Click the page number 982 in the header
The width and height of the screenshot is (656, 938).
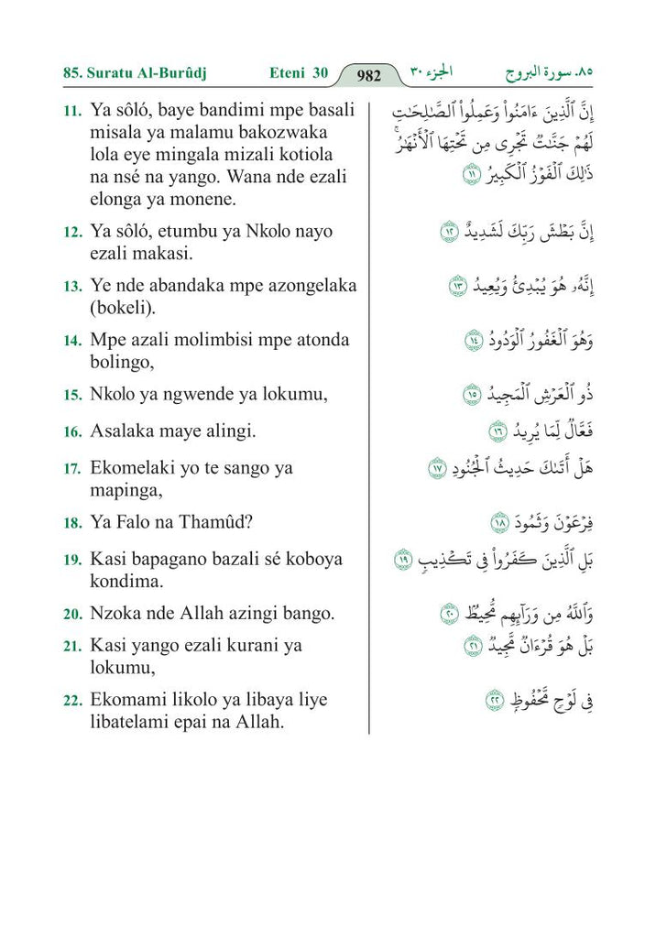(x=368, y=76)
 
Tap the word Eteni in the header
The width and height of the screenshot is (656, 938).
(x=287, y=71)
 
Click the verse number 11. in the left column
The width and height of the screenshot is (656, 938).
(x=72, y=111)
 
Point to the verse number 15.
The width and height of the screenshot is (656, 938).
(x=72, y=396)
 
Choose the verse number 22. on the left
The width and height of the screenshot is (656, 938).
(x=72, y=701)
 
